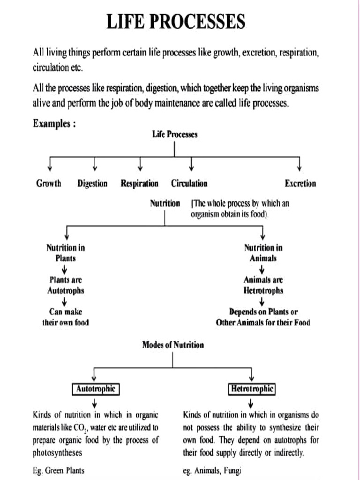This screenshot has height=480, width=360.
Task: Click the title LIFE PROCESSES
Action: [x=176, y=22]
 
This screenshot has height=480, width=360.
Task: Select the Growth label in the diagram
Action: [x=49, y=184]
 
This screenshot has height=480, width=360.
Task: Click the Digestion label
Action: [x=92, y=184]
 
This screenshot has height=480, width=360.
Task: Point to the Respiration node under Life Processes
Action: [x=139, y=184]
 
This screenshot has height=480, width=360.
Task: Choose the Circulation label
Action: [x=189, y=184]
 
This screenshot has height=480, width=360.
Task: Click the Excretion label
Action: [x=300, y=184]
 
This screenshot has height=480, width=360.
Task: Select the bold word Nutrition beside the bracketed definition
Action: [x=165, y=203]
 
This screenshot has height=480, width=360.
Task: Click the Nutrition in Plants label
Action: [x=66, y=253]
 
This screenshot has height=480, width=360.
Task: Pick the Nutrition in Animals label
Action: [x=263, y=253]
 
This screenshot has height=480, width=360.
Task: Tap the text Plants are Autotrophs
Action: [x=66, y=285]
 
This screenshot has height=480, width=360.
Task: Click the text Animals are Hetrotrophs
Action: [x=263, y=285]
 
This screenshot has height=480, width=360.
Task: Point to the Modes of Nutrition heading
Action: [x=173, y=345]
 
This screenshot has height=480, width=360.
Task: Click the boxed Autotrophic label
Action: [x=96, y=389]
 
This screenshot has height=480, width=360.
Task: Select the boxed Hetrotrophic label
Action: [x=252, y=389]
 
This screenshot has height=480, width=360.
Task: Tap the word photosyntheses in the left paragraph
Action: [x=58, y=453]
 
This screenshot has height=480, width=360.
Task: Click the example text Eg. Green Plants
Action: [x=59, y=470]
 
